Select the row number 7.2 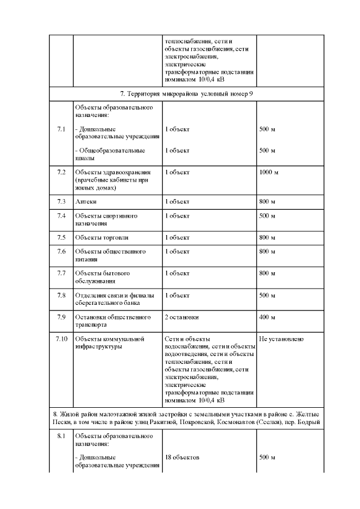(x=61, y=172)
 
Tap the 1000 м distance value (x=268, y=172)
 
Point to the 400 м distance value (x=267, y=317)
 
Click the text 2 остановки (x=182, y=317)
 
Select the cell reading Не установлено (x=281, y=339)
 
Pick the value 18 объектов (x=182, y=458)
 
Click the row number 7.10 (x=61, y=339)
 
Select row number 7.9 (x=61, y=317)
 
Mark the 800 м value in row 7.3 (x=267, y=201)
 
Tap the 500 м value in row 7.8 (x=267, y=295)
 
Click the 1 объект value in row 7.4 (x=177, y=216)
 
